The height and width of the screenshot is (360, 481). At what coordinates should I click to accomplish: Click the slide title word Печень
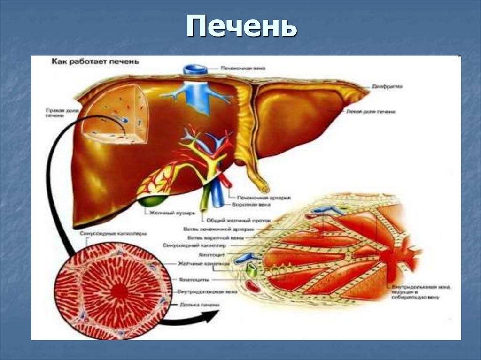pos(241,28)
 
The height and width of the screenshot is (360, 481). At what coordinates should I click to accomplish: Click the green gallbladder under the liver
pos(154,202)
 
